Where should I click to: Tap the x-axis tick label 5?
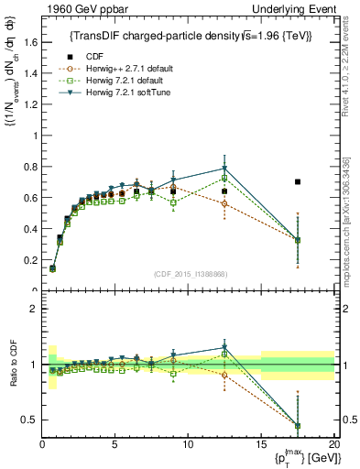coord(115,444)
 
